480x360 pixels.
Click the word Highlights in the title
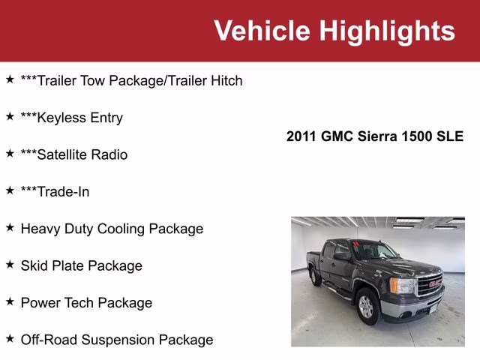tap(386, 31)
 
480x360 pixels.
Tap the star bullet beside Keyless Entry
tap(10, 116)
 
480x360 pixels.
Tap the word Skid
tap(34, 265)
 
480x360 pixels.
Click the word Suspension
tap(117, 340)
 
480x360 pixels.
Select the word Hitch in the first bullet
tap(223, 80)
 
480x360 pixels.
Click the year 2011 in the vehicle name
tap(302, 136)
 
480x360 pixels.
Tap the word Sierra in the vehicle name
tap(376, 136)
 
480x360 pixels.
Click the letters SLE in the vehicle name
tap(450, 136)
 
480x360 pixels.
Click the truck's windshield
tap(375, 252)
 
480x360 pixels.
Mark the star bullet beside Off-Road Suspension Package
tap(10, 338)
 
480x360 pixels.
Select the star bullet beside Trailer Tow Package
tap(10, 79)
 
